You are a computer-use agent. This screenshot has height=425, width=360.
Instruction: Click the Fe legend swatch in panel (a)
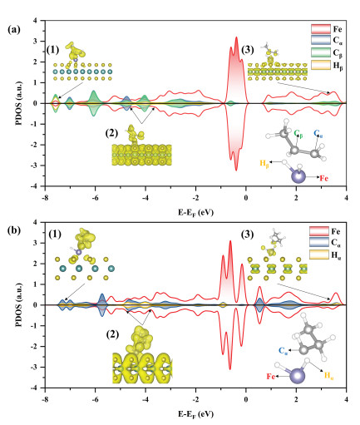[321, 29]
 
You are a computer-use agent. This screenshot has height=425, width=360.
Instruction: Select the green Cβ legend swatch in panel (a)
[321, 52]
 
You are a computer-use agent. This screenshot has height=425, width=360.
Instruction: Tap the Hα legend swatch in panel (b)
[319, 255]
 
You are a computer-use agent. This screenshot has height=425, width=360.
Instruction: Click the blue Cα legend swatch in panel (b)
[319, 243]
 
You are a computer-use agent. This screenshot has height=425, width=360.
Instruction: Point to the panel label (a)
[14, 29]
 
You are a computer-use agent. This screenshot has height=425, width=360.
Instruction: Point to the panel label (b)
[14, 230]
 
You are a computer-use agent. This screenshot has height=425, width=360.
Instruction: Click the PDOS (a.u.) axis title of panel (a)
[19, 103]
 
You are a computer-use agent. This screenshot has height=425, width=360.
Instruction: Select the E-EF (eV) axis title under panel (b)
[195, 414]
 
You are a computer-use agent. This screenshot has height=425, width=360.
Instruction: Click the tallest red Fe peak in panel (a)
[236, 37]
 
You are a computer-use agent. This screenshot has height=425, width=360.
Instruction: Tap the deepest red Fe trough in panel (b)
[230, 369]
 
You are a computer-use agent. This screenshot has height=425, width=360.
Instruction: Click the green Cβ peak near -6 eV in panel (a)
[94, 91]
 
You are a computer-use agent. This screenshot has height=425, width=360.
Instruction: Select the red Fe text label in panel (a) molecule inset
[324, 178]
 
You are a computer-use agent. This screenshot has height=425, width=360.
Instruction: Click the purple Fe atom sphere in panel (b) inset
[298, 376]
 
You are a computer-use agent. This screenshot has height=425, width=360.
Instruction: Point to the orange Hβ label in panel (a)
[264, 163]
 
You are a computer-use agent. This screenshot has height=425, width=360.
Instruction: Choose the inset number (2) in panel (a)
[111, 133]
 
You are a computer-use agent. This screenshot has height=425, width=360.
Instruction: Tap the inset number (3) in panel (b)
[248, 235]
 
